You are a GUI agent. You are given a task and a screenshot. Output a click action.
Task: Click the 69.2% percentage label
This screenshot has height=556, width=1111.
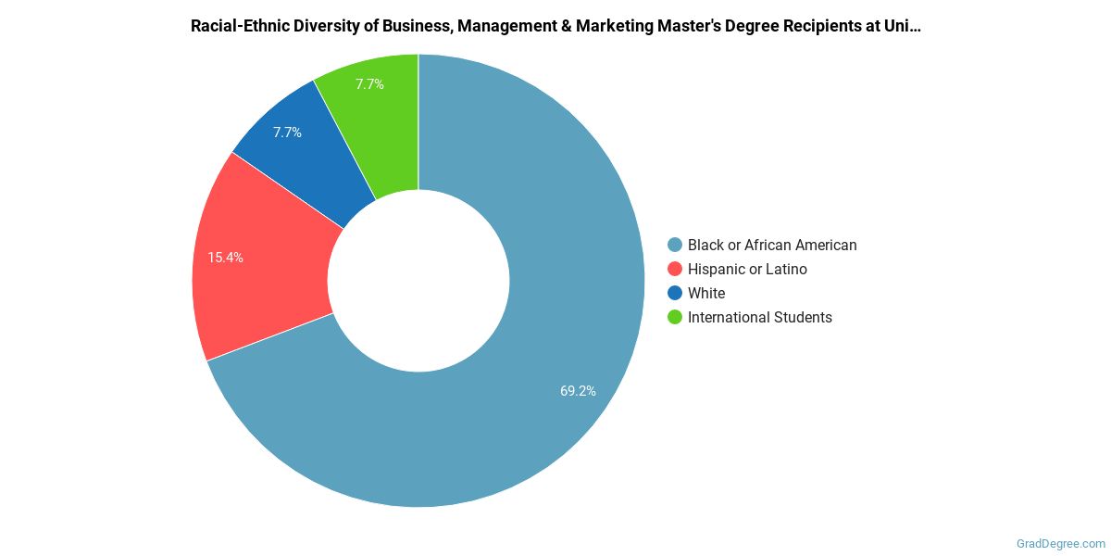pos(578,391)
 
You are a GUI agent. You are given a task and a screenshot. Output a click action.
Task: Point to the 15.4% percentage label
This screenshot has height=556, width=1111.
pos(226,258)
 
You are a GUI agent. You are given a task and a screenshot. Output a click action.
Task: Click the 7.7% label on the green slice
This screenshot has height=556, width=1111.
pos(369,84)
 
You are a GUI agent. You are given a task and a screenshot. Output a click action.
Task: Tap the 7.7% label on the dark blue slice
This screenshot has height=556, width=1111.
pos(287,133)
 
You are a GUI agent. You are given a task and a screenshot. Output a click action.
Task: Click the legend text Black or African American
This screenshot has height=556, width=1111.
pos(772,246)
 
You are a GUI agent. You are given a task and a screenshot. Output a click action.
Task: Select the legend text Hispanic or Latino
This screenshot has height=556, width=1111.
pos(747,270)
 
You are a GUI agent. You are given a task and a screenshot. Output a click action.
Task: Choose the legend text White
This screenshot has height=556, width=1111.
pos(706,294)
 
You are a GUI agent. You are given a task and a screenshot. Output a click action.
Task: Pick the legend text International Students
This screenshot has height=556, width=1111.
pos(759,318)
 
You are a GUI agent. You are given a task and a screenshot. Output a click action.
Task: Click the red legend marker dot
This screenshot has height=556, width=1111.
pos(675,270)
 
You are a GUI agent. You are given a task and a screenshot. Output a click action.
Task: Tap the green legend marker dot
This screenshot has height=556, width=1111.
pos(675,318)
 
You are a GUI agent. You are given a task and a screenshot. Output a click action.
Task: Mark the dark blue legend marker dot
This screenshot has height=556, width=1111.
pos(675,294)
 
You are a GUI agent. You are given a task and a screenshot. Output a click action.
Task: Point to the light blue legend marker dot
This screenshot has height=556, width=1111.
pos(675,246)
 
